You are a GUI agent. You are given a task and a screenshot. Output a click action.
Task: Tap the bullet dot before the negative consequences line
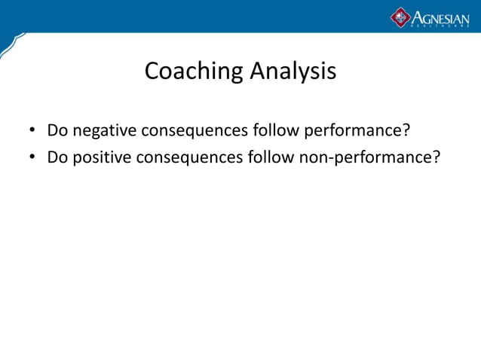[x=32, y=132]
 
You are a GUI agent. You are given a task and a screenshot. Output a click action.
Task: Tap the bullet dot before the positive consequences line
[x=32, y=159]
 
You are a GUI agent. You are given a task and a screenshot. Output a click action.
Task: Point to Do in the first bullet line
[x=57, y=131]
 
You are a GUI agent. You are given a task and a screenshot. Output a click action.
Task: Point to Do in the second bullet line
[x=57, y=158]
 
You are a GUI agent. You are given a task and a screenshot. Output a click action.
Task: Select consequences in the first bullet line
[x=199, y=132]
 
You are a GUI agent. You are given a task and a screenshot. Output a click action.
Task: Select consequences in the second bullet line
[x=194, y=159]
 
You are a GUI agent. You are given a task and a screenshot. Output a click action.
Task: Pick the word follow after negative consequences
[x=277, y=131]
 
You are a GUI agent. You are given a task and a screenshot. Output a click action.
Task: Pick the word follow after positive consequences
[x=271, y=158]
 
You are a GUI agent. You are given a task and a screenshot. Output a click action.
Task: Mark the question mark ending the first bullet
[x=406, y=131]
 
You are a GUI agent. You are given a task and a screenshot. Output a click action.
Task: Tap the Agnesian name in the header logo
[x=440, y=15]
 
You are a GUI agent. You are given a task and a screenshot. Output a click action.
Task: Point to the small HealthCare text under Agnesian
[x=440, y=26]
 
